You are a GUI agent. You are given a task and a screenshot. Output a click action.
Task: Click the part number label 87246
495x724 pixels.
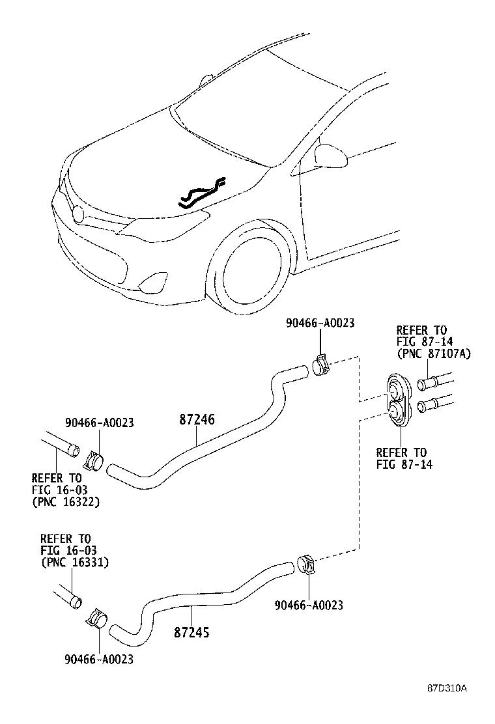coord(197,420)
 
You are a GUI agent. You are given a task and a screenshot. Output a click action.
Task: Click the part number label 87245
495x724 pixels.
coord(191,632)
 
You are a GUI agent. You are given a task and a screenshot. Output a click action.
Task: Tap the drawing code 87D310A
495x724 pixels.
coord(447,688)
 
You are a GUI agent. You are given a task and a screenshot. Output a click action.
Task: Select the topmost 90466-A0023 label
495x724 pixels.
coord(320,324)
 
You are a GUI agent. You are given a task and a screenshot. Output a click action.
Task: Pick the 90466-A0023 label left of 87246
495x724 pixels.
coord(99,423)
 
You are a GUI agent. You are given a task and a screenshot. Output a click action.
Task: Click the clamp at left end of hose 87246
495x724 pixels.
coord(95,461)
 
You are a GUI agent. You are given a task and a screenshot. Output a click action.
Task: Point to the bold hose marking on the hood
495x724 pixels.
coord(202,193)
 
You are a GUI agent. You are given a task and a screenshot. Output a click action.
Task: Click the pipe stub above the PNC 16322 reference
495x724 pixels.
coord(61,446)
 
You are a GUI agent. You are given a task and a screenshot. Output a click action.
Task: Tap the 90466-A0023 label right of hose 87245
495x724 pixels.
coord(308,606)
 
